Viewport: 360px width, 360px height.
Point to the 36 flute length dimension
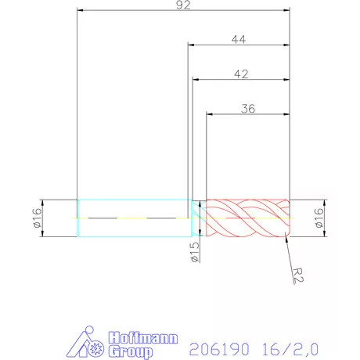coord(248,109)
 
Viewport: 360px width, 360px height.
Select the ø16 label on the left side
coord(37,217)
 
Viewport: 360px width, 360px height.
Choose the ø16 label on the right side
coord(319,217)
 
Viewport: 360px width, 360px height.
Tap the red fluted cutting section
coord(247,217)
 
